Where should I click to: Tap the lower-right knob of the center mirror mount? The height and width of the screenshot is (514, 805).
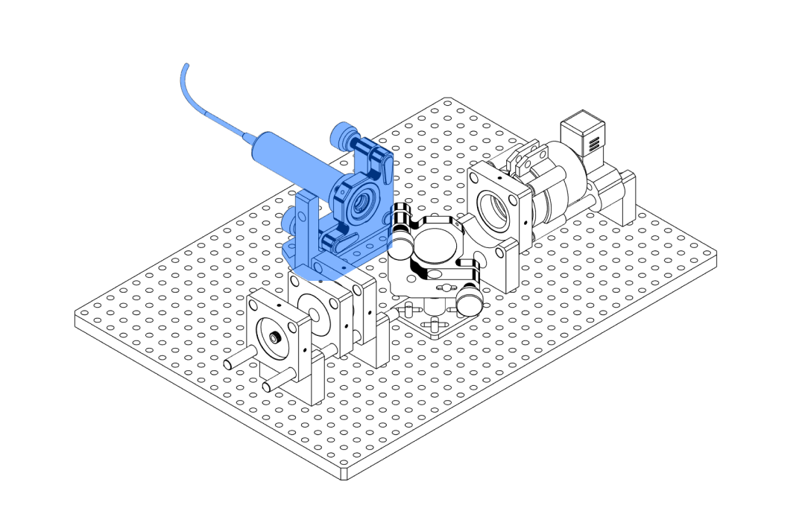point(470,302)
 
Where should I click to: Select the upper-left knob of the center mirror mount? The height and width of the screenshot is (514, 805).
point(402,241)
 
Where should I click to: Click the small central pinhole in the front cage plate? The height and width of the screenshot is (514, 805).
point(274,338)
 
